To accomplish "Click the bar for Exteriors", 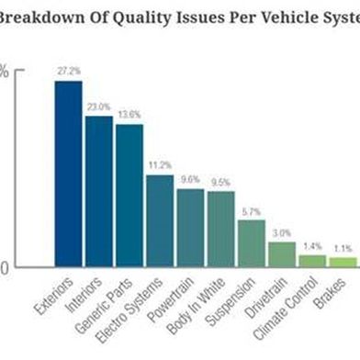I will [x=68, y=174].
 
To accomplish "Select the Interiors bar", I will [x=98, y=191].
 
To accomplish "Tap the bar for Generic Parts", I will [x=129, y=196].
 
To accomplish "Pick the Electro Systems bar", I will [x=159, y=220].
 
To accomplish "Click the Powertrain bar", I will [x=190, y=228].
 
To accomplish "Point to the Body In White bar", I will [x=220, y=229].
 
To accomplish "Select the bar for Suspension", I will [x=251, y=243].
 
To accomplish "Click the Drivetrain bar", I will [x=281, y=254].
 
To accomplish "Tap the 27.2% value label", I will [x=68, y=70].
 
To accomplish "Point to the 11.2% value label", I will [x=159, y=164].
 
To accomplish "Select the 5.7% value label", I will [x=251, y=210].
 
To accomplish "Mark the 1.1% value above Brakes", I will [x=343, y=248].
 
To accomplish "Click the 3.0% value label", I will [x=281, y=232].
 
